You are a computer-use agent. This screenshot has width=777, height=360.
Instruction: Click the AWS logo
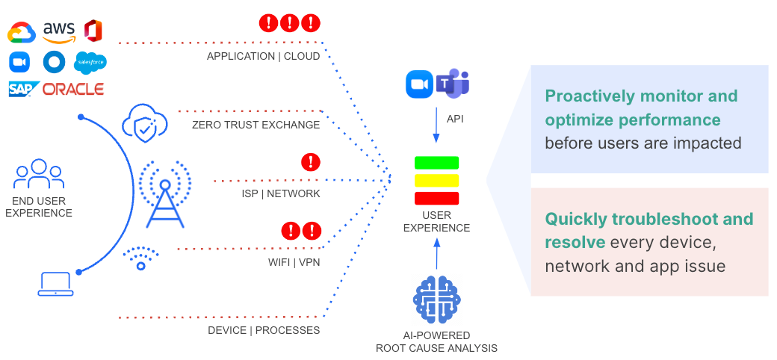point(59,31)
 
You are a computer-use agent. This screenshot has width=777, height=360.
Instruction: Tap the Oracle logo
point(73,89)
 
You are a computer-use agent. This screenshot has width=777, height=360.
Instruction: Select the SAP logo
point(24,89)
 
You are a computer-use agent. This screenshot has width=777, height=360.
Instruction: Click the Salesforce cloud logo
point(91,61)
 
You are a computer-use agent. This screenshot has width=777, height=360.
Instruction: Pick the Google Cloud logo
point(22,33)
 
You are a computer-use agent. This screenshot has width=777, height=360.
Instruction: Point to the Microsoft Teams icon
point(453,83)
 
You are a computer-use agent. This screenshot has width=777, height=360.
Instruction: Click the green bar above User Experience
point(436,162)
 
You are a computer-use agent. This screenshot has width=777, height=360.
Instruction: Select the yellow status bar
point(436,180)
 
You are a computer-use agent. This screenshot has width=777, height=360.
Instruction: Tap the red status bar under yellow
point(436,198)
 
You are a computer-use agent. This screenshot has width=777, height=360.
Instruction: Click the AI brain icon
point(436,299)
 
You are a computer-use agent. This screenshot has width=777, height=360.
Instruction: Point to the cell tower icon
point(164,192)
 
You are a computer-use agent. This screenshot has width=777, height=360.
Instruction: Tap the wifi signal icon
point(140,258)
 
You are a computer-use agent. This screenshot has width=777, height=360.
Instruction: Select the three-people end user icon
point(39,175)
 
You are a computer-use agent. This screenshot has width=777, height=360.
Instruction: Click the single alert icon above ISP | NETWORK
point(310,161)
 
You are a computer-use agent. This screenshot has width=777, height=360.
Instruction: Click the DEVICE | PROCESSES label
point(264,330)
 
